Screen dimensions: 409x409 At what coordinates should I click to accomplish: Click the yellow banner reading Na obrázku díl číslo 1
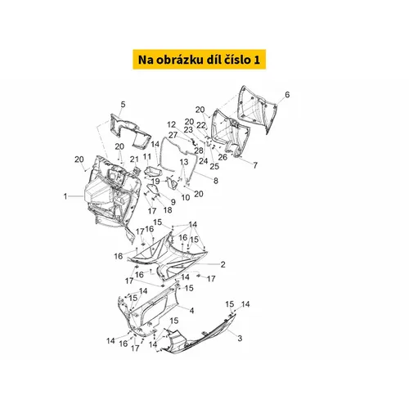(x=199, y=60)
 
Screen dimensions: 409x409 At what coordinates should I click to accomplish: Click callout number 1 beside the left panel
(x=65, y=196)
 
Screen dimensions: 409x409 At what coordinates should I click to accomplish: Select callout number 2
(x=222, y=264)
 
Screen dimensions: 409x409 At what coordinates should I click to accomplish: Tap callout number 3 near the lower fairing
(x=191, y=310)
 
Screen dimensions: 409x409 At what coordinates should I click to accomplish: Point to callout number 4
(x=123, y=104)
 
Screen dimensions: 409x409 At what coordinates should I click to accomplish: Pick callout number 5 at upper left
(x=287, y=95)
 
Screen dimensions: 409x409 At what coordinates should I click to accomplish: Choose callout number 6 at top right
(x=255, y=165)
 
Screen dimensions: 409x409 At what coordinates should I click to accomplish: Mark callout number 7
(x=216, y=181)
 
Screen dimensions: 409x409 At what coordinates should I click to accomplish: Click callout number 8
(x=173, y=202)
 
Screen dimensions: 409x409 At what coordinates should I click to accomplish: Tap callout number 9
(x=186, y=197)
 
